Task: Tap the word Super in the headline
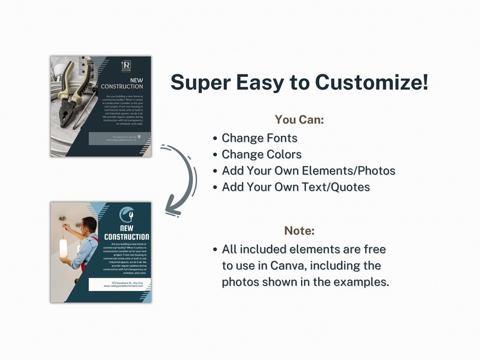202,82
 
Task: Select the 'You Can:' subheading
299,120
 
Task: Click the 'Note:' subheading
299,231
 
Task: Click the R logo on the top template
126,65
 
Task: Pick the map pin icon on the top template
140,137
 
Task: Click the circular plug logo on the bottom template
126,214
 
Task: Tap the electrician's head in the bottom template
89,226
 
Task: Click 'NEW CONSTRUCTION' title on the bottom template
126,233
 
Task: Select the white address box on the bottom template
118,284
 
